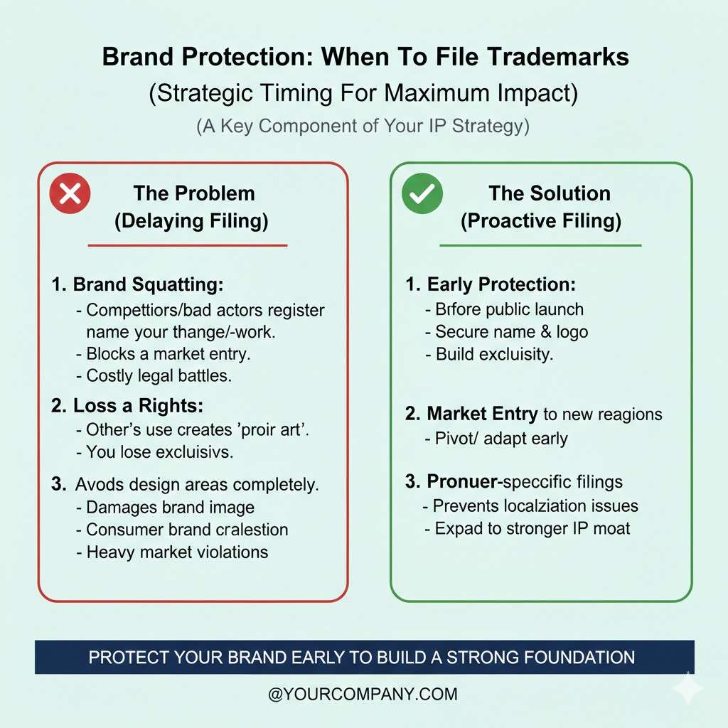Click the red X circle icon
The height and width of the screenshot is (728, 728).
(x=70, y=193)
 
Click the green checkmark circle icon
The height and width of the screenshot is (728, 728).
(x=422, y=193)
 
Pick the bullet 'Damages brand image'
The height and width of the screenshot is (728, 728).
(x=166, y=508)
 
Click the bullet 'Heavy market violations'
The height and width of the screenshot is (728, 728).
(x=172, y=552)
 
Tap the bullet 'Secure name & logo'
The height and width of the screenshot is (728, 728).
(x=507, y=331)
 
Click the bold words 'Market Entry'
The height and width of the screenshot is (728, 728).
(x=482, y=413)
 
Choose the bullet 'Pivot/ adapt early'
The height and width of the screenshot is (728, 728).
(x=496, y=438)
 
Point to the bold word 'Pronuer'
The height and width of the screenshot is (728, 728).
(x=462, y=481)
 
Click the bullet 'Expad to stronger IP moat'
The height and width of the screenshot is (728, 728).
(x=528, y=528)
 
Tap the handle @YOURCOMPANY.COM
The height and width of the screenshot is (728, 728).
(x=363, y=694)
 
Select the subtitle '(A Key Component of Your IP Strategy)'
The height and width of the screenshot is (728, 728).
(x=363, y=127)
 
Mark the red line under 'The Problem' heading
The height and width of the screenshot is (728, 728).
(x=188, y=245)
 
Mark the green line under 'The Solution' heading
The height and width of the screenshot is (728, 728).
(x=540, y=245)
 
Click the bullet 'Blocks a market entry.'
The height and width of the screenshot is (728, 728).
(x=164, y=354)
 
